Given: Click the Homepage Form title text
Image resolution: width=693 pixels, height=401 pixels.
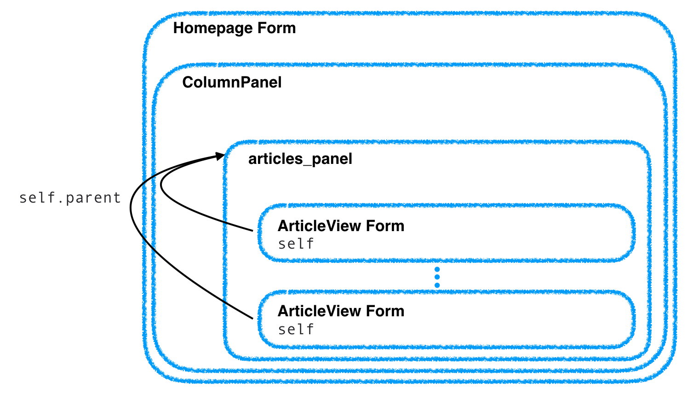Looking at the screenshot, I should [234, 28].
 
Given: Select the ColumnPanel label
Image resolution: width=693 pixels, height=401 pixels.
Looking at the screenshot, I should [232, 82].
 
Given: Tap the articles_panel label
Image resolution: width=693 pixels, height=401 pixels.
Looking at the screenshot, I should [300, 159].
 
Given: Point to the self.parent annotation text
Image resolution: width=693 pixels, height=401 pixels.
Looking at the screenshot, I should [70, 198].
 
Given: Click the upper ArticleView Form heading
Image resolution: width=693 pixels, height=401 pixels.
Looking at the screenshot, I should [341, 226].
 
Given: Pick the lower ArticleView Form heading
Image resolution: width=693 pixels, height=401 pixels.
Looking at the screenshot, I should [341, 311].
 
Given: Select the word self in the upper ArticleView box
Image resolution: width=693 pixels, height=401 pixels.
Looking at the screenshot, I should [296, 244].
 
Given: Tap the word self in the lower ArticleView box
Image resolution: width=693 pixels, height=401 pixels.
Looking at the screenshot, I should [296, 329].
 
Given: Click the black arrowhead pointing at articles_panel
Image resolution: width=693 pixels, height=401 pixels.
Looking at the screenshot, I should [220, 156].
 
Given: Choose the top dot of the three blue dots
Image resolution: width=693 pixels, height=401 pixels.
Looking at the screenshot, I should [437, 269].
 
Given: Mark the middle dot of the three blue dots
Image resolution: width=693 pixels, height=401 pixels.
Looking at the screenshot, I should [437, 277].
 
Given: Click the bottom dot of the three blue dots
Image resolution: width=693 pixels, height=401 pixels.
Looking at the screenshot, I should [437, 285].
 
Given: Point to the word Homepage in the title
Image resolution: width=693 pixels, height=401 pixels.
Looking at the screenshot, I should [213, 29].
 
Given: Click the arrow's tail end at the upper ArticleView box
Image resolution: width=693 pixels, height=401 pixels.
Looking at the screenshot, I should [252, 230].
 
